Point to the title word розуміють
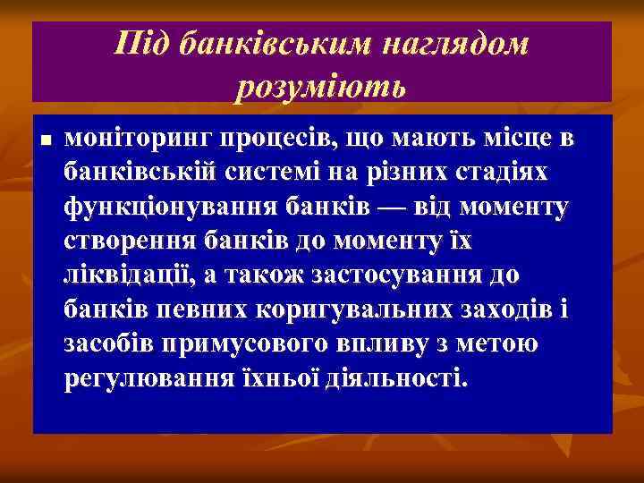click(321, 87)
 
